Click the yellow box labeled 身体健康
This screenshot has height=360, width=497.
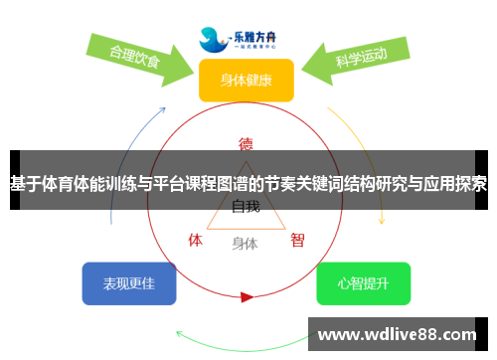pyautogui.click(x=246, y=80)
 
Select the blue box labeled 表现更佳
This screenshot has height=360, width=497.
pyautogui.click(x=128, y=283)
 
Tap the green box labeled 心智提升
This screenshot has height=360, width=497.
pyautogui.click(x=363, y=283)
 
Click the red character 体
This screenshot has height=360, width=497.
pyautogui.click(x=196, y=240)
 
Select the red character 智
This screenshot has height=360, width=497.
pyautogui.click(x=297, y=240)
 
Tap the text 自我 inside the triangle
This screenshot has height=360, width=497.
pyautogui.click(x=246, y=207)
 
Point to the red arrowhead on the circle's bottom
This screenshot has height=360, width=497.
pyautogui.click(x=247, y=295)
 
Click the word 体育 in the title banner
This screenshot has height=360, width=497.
pyautogui.click(x=69, y=184)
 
